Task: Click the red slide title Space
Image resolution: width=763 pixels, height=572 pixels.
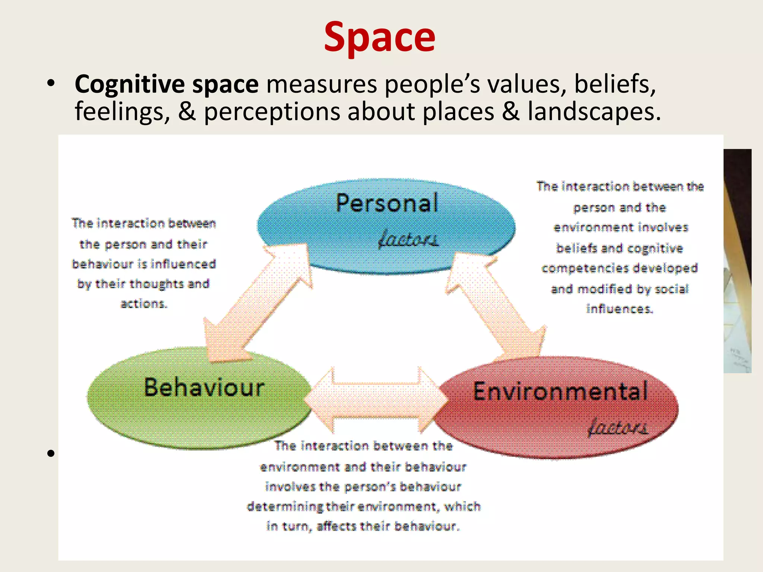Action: tap(380, 37)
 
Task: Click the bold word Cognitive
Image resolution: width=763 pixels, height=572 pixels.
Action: tap(129, 84)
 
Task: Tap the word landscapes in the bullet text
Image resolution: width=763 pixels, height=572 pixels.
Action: tap(594, 112)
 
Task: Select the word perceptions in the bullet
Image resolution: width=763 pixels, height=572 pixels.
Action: tap(272, 112)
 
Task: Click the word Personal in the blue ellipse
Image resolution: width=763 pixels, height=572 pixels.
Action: tap(387, 203)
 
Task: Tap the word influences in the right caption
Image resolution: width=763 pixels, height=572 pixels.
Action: tap(620, 309)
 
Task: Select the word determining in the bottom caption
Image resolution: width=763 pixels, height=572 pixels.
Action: tap(285, 507)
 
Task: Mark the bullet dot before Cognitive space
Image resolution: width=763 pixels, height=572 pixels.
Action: tap(51, 83)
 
